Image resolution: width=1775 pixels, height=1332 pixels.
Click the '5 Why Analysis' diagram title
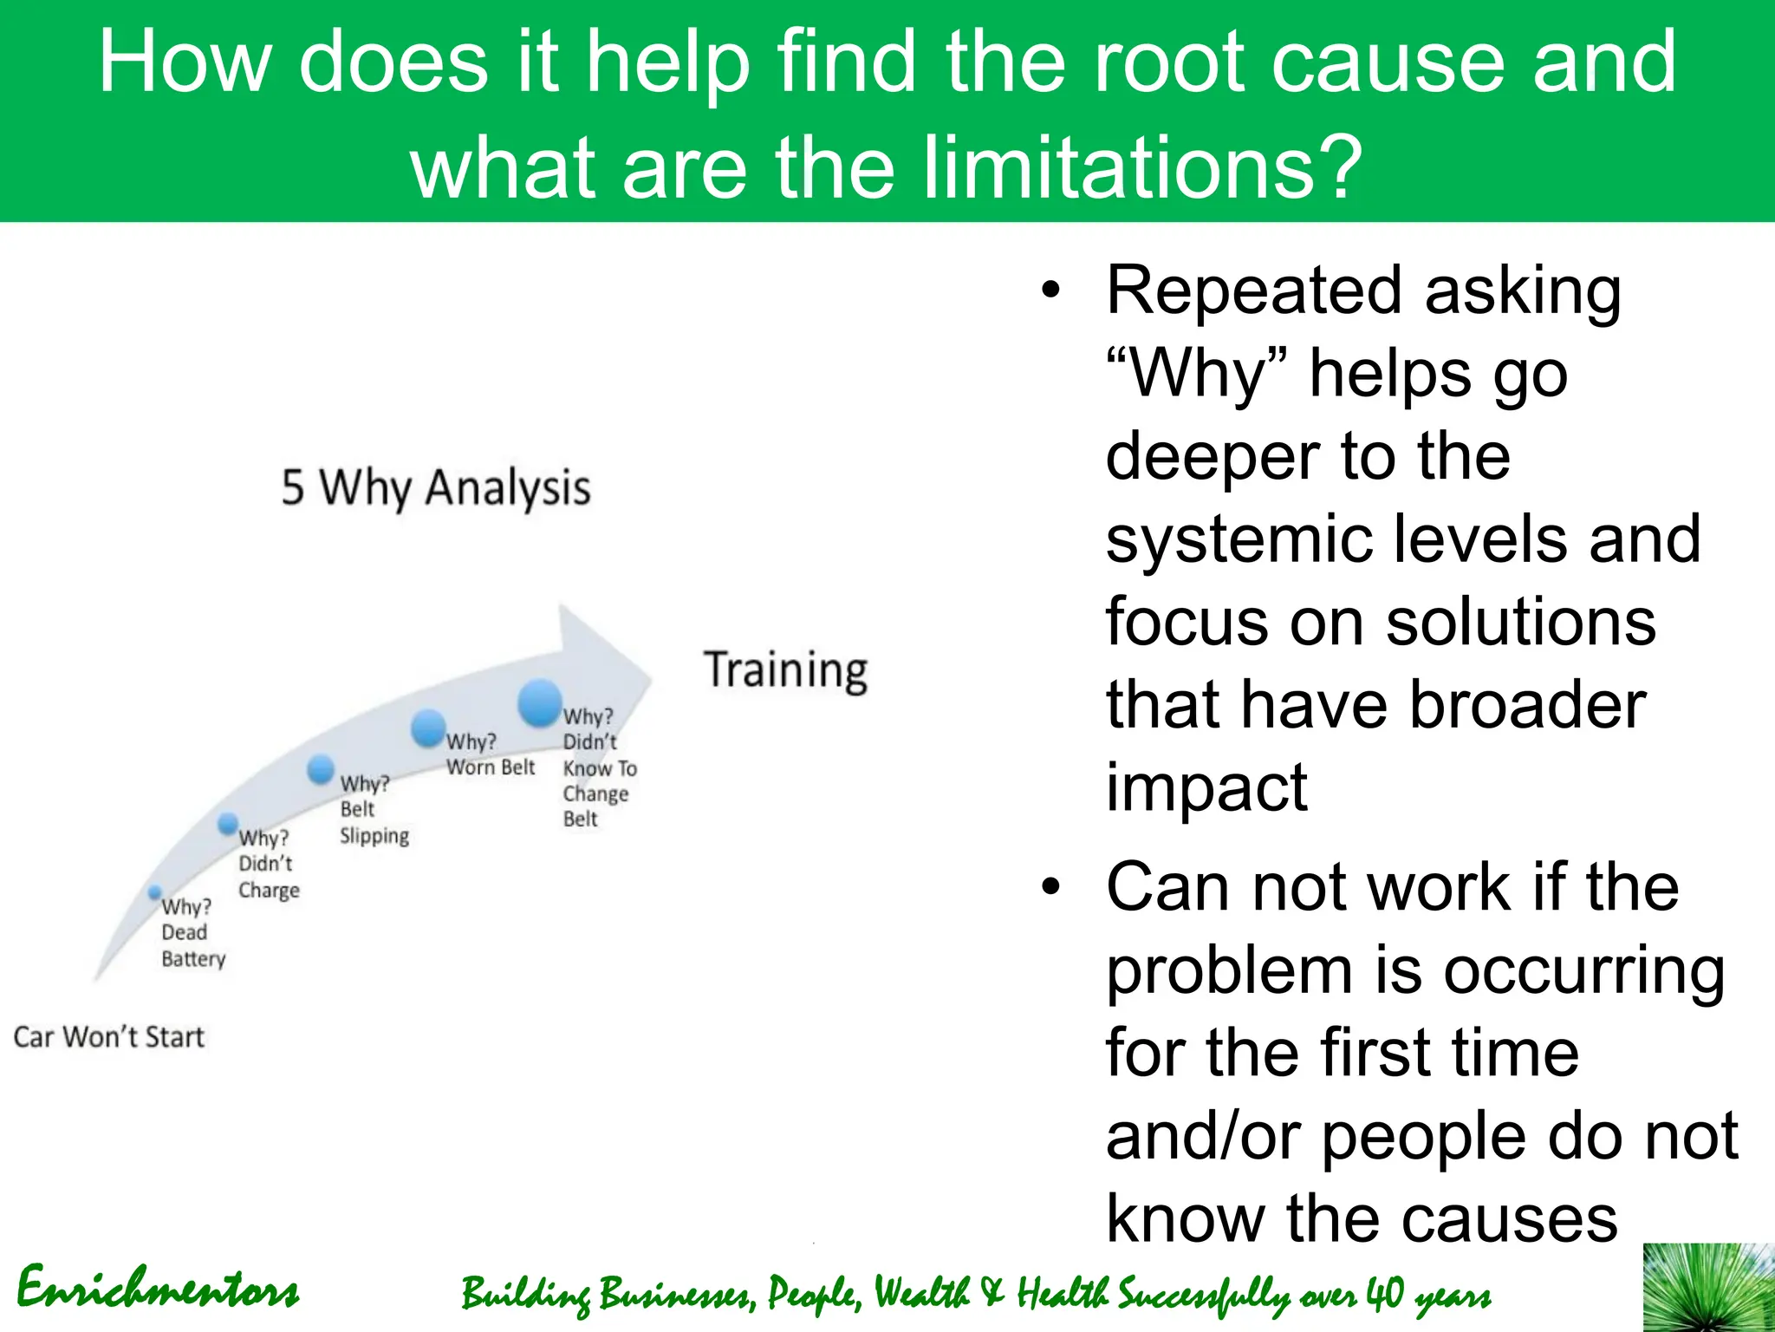pyautogui.click(x=436, y=488)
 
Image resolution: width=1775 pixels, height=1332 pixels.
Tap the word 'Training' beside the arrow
pyautogui.click(x=785, y=670)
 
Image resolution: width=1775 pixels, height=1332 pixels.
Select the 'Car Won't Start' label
pyautogui.click(x=109, y=1037)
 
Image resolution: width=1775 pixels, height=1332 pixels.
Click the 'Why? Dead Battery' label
pyautogui.click(x=192, y=933)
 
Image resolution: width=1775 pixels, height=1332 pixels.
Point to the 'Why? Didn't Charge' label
pyautogui.click(x=268, y=865)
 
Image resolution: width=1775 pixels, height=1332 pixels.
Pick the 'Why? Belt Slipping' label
pyautogui.click(x=374, y=810)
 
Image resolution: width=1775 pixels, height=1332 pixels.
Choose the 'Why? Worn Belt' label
pyautogui.click(x=490, y=754)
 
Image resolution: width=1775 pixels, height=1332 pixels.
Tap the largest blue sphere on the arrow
pyautogui.click(x=540, y=702)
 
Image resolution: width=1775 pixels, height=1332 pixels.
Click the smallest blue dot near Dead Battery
pyautogui.click(x=155, y=891)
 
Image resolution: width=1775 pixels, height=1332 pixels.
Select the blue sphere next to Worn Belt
pyautogui.click(x=428, y=728)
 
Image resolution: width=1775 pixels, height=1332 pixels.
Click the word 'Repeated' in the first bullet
pyautogui.click(x=1253, y=291)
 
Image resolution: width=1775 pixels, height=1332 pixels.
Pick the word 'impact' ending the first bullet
pyautogui.click(x=1206, y=787)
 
